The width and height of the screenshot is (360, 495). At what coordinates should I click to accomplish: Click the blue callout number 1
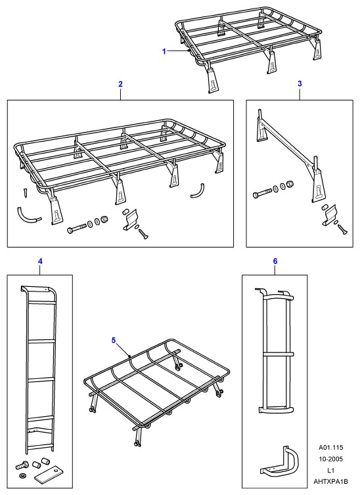[164, 51]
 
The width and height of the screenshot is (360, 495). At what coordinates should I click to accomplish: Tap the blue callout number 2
[120, 84]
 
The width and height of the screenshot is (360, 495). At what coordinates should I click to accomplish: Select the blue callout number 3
[300, 83]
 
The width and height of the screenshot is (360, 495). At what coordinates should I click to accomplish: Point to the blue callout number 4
[40, 261]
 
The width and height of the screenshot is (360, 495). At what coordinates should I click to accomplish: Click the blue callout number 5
[114, 340]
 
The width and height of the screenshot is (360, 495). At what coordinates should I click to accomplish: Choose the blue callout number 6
[275, 261]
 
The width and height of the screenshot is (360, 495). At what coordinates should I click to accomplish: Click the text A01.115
[330, 447]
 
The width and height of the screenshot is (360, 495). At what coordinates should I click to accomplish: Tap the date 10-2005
[330, 459]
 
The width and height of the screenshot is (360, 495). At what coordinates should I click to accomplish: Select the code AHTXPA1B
[330, 482]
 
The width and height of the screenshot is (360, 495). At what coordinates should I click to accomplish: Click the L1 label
[330, 470]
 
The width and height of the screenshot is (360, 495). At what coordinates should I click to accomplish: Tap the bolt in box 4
[22, 465]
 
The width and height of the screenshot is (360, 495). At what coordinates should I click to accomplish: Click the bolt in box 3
[262, 193]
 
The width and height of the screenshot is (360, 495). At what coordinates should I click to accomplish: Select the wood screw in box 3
[342, 229]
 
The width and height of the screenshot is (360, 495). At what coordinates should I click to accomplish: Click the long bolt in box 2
[77, 228]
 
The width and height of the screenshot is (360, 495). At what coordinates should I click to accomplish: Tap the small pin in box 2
[26, 193]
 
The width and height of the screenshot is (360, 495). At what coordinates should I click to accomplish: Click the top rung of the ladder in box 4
[41, 303]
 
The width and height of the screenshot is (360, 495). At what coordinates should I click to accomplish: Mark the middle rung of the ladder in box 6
[279, 355]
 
